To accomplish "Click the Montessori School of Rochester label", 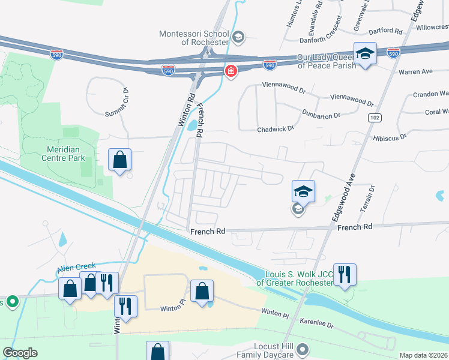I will [194, 38].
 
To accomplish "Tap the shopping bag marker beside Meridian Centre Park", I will [119, 160].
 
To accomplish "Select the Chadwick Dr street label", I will [276, 129].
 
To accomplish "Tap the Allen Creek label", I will [77, 268].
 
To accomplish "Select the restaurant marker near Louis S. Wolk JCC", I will [345, 275].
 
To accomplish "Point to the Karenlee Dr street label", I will [316, 322].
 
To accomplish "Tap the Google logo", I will [20, 353].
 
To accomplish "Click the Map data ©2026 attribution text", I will [423, 355].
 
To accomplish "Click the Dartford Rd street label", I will [386, 31].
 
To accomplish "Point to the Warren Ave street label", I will [415, 71].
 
